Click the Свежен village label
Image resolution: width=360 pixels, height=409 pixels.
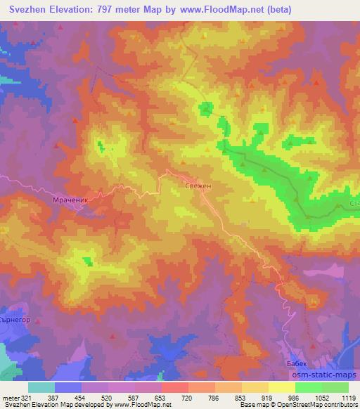(198, 185)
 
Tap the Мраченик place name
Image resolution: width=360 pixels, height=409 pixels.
(70, 200)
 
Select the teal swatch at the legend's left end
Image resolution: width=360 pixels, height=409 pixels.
(41, 387)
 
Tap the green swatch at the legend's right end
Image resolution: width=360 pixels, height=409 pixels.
(335, 387)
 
